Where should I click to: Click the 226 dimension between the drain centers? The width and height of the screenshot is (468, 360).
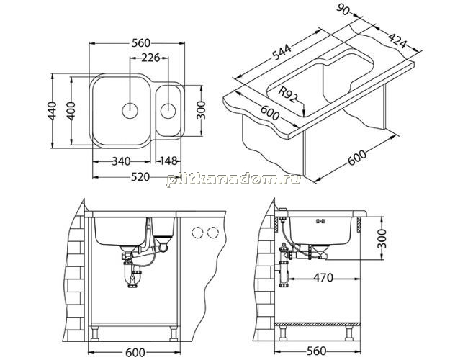point(150,58)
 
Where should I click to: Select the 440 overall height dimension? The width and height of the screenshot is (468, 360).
point(53,111)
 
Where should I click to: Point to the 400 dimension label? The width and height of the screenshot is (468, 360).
point(71,111)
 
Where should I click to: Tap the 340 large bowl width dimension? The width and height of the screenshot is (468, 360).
point(121,161)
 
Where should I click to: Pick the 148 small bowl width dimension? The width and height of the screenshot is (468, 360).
point(168,161)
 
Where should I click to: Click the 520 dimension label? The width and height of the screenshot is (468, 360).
point(140,177)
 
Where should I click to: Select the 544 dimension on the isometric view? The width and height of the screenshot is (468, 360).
point(282,53)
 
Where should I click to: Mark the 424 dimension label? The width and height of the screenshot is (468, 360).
point(397,40)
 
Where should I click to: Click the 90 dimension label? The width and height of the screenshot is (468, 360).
point(343,10)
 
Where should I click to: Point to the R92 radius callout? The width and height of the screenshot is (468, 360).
point(288,94)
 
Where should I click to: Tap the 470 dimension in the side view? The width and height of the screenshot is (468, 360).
point(323,278)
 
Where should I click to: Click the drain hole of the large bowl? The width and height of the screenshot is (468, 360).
point(130,111)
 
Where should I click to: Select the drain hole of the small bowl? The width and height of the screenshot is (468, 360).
point(168,111)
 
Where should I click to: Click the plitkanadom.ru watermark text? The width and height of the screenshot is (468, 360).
point(233,179)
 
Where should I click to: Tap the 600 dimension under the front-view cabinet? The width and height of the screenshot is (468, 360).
point(135,353)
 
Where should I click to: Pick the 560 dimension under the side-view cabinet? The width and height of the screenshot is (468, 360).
point(316,351)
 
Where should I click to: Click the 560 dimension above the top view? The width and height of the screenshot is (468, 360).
point(141,43)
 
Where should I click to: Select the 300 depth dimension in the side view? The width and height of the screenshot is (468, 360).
point(382,239)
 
